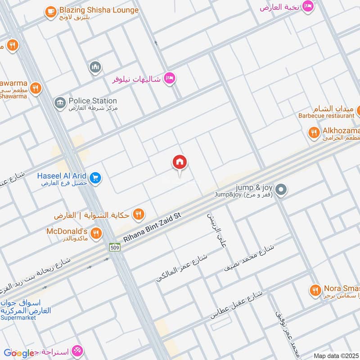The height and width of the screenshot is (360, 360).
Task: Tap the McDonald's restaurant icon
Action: [x=95, y=233]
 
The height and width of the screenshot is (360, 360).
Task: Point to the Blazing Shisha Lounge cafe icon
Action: [x=51, y=12]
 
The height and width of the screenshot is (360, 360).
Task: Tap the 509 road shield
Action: [x=115, y=247]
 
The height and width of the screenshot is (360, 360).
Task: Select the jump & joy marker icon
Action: [x=281, y=190]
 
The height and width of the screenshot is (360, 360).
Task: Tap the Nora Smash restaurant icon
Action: [x=316, y=290]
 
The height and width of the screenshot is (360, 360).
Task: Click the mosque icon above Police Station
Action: [x=94, y=67]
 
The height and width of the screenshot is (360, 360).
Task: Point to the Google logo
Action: [x=19, y=353]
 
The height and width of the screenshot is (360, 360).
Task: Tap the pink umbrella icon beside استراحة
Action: [x=76, y=351]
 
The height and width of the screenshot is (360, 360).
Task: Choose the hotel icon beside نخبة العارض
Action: [x=308, y=6]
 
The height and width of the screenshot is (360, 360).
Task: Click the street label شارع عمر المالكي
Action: [x=182, y=268]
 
